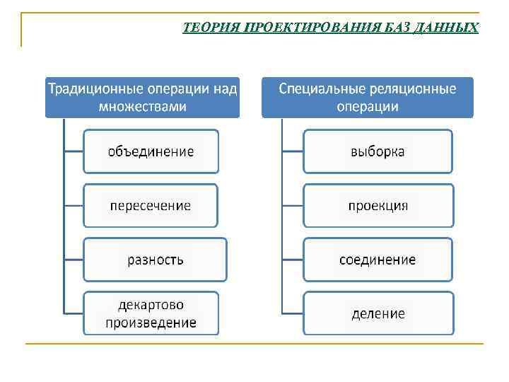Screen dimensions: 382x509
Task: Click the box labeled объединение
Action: (x=151, y=151)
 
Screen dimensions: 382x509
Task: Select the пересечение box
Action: (x=151, y=205)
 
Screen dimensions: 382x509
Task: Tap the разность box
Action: (x=155, y=260)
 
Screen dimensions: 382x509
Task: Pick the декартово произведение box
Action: (x=151, y=313)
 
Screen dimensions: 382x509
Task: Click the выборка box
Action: (x=378, y=151)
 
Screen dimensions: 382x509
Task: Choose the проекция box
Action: (x=378, y=205)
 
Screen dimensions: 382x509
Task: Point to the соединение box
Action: (x=378, y=260)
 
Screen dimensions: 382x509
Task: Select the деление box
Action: (x=378, y=313)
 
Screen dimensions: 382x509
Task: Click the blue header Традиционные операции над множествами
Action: (x=143, y=98)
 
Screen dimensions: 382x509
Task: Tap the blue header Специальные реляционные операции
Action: (x=367, y=98)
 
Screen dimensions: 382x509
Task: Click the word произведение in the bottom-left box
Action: (x=151, y=323)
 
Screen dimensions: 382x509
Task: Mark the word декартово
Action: (x=151, y=305)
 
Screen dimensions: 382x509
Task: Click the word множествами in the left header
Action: (x=143, y=107)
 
